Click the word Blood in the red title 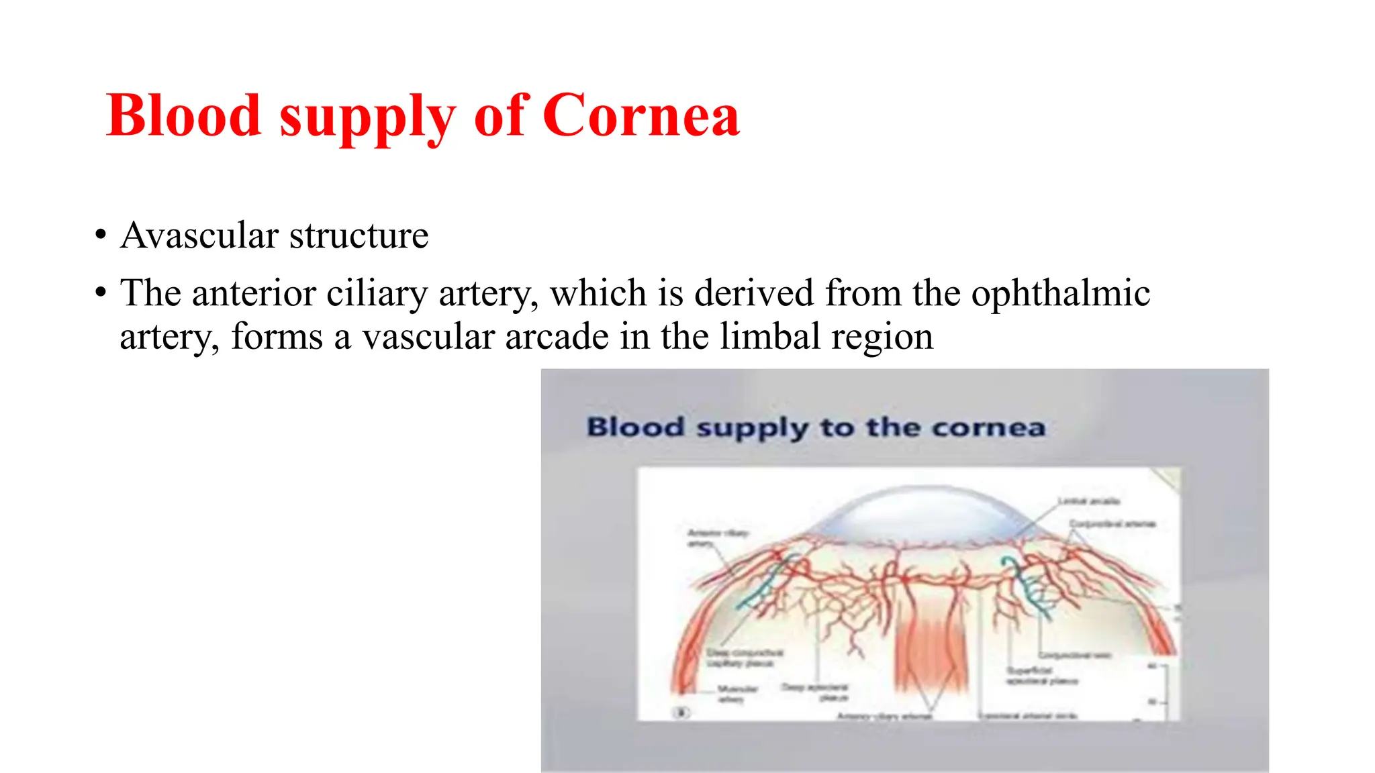coord(183,115)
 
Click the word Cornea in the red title coord(641,115)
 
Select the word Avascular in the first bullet coord(199,236)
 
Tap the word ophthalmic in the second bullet coord(1060,293)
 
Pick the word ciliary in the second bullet coord(375,293)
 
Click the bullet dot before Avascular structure coord(101,236)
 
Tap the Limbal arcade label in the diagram coord(1088,501)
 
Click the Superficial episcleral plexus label coord(1040,676)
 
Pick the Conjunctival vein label coord(1074,656)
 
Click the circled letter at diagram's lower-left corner coord(681,713)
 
